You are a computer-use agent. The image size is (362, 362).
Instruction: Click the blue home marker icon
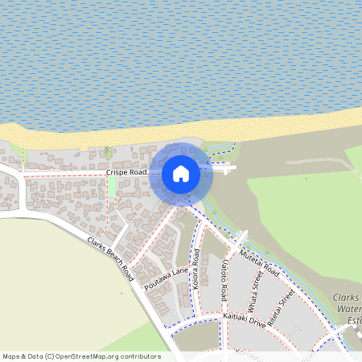181,173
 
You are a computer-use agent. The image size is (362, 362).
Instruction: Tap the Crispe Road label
126,173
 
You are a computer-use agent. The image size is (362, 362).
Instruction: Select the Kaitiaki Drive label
244,321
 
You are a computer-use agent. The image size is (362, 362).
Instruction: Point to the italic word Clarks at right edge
347,298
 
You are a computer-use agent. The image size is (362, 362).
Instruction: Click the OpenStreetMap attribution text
81,356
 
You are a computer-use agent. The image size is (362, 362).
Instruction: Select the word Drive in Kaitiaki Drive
257,322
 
